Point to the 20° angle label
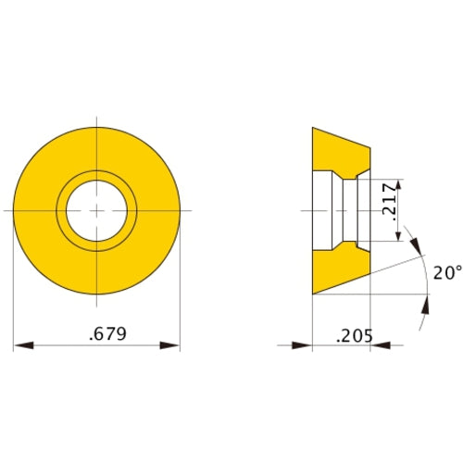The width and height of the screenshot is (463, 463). [x=445, y=272]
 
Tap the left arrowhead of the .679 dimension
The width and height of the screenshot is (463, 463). [x=23, y=345]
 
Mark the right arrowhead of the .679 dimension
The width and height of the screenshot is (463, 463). [x=171, y=345]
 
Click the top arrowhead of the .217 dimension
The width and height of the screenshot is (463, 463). [x=399, y=184]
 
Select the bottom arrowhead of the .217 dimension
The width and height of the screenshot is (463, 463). [x=399, y=236]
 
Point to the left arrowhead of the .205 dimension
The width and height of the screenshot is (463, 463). [x=303, y=345]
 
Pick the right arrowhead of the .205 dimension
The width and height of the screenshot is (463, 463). [x=379, y=345]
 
